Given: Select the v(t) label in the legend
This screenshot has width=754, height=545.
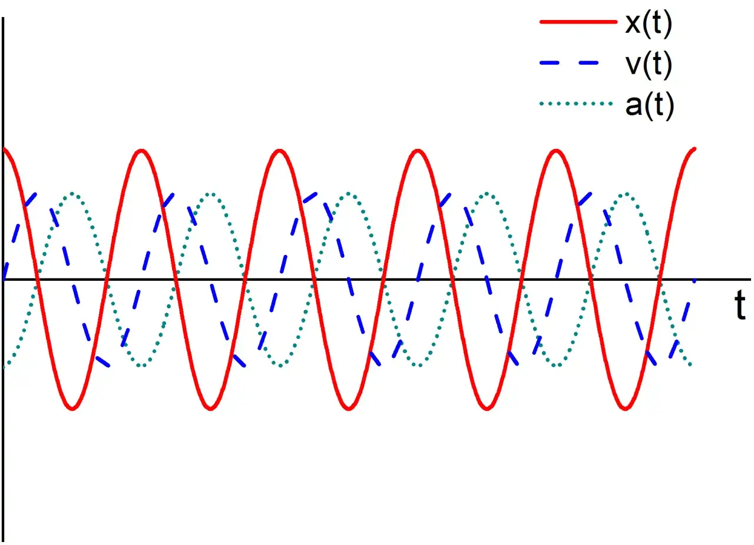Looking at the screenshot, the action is coord(649,64).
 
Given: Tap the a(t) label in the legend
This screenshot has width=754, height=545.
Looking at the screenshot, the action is coord(649,105).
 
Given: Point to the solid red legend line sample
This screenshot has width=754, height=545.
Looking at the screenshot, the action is coord(578,22).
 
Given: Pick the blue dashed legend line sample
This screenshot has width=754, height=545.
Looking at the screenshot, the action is coord(569,62).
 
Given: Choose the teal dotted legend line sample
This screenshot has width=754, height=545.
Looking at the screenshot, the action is coord(576,104).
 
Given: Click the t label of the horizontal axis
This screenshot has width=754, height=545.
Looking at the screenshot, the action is coord(740,304).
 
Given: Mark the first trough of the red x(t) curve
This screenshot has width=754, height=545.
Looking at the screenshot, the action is coord(72,408).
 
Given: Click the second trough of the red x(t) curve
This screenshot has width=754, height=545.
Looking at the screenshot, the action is coord(211,408).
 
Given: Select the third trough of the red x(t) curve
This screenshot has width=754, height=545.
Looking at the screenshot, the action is coord(349,408).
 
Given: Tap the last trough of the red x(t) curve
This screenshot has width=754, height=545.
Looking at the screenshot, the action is coord(625,408).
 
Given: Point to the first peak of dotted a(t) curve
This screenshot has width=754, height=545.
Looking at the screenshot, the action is coord(72,194).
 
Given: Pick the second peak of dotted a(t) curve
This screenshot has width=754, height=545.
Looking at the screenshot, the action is coord(211,194).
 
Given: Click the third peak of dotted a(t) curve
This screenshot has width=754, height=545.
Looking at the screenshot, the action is coord(349,194).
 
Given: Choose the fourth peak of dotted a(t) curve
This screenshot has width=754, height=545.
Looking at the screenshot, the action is coord(487,194).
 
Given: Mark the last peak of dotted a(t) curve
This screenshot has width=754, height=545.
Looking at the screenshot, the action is coord(626,194).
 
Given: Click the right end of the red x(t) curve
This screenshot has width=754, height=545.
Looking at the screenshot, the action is coord(695,148).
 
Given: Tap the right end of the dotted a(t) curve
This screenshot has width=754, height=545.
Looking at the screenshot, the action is coord(690,364).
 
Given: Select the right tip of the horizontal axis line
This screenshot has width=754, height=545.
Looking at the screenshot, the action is coord(750,279).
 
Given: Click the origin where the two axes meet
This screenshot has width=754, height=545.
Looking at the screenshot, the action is coord(4,279).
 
